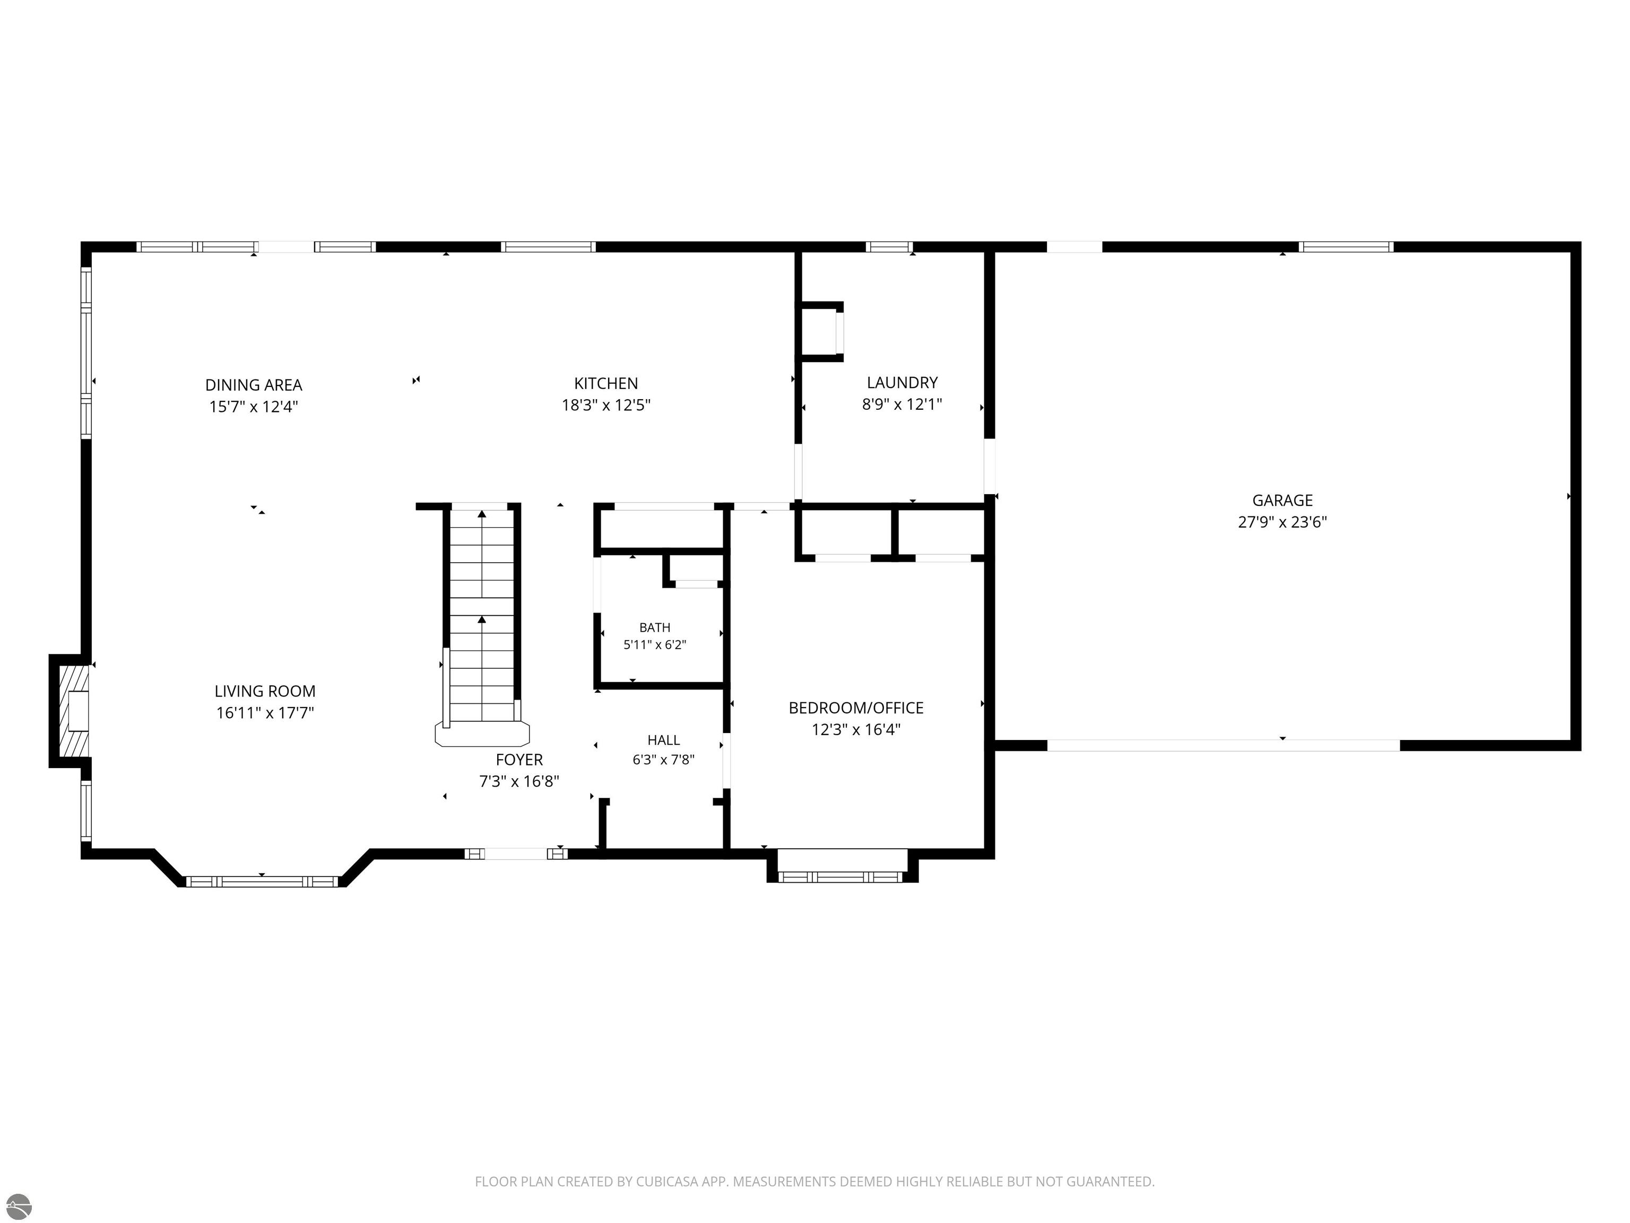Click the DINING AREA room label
[x=254, y=385]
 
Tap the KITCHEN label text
[x=606, y=383]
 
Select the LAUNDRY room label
[x=902, y=383]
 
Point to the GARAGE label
[x=1282, y=501]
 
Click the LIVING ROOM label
[x=265, y=692]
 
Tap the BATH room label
[x=654, y=627]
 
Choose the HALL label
[x=663, y=740]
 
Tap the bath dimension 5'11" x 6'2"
[x=654, y=645]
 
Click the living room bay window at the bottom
[x=262, y=882]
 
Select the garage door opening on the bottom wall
[x=1223, y=745]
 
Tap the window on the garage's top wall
[x=1346, y=247]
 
